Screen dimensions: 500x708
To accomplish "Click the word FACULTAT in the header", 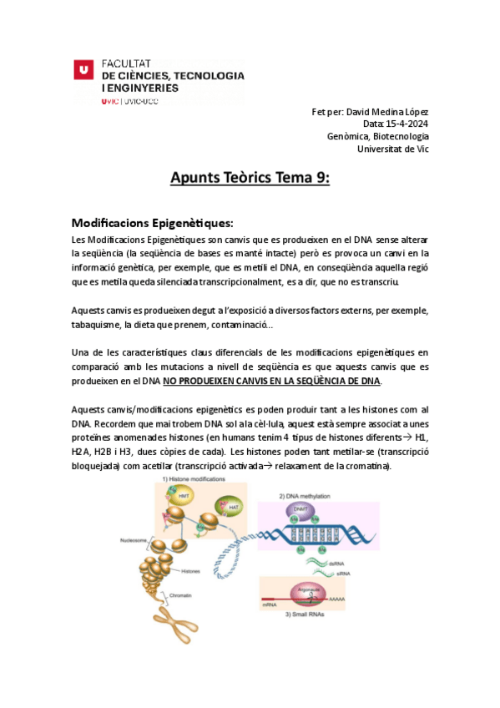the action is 125,63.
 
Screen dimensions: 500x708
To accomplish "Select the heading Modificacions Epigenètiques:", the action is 152,223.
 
